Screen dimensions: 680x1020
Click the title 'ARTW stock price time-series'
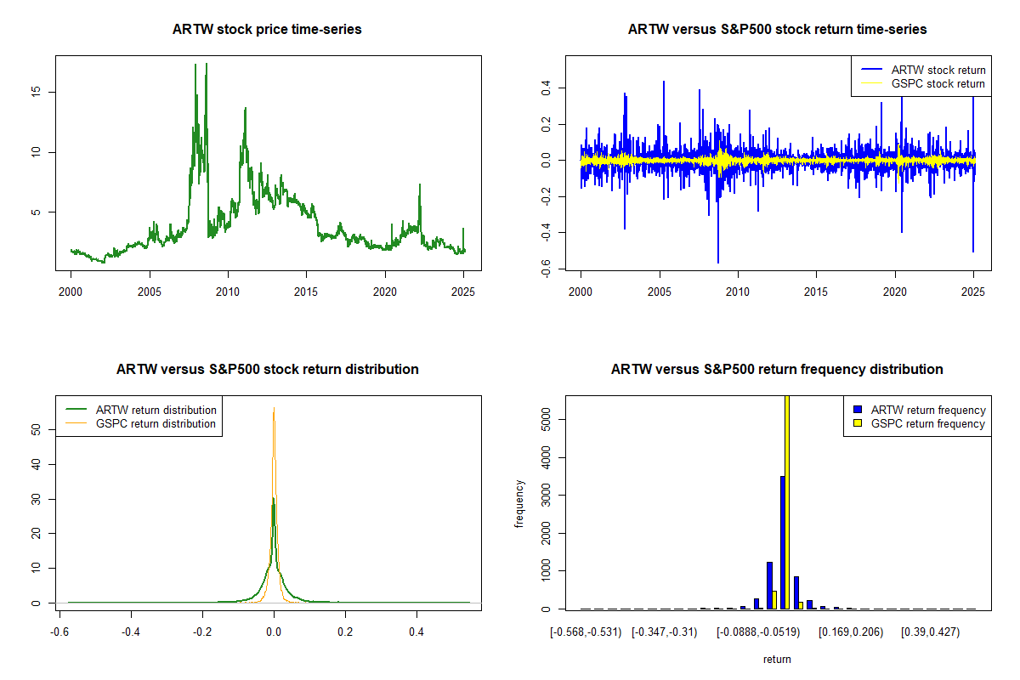(267, 30)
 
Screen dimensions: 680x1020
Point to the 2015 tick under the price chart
(307, 292)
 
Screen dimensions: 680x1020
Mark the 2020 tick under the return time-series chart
(895, 292)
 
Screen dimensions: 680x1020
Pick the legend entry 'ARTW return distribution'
(156, 410)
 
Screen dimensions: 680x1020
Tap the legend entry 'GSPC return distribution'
(156, 423)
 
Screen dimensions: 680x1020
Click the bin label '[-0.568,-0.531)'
(586, 632)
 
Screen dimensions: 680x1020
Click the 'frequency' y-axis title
(519, 503)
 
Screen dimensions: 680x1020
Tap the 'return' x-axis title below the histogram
(777, 659)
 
